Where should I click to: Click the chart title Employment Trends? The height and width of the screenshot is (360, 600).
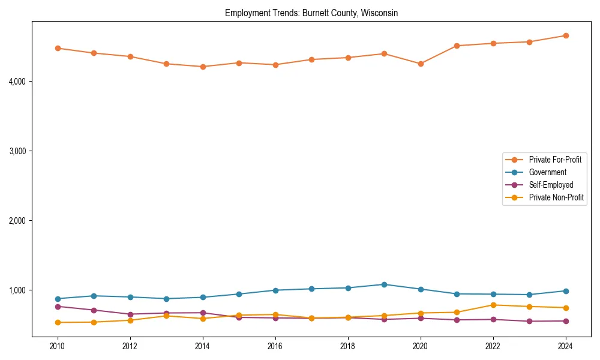[x=311, y=13]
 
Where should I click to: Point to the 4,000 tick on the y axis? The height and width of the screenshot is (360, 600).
[x=22, y=81]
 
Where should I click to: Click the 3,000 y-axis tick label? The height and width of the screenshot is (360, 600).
[x=22, y=151]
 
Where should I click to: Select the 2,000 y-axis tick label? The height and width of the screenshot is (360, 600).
[x=22, y=221]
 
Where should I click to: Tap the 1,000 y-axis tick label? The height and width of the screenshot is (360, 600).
[x=22, y=290]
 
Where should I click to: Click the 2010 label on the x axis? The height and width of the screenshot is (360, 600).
[x=58, y=346]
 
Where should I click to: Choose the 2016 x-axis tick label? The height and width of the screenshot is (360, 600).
[x=275, y=346]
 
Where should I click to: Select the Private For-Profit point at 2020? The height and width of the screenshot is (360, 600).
[x=421, y=64]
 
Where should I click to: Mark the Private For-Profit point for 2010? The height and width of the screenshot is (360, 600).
[x=58, y=48]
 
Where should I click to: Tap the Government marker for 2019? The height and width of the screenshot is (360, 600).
[x=384, y=284]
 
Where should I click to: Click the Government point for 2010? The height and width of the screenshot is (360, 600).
[x=58, y=299]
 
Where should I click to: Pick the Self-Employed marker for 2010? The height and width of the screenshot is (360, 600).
[x=58, y=307]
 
